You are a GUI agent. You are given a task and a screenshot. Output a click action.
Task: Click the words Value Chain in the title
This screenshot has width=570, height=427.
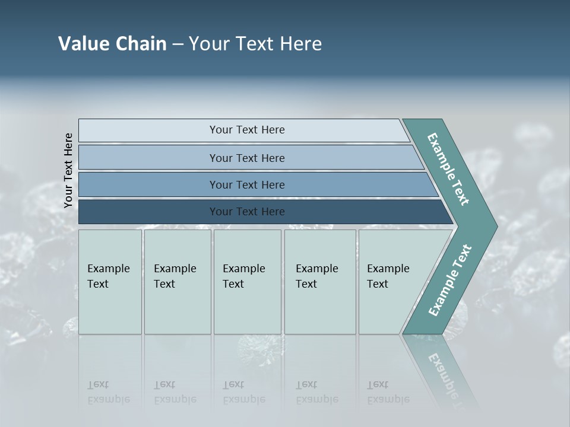(x=112, y=44)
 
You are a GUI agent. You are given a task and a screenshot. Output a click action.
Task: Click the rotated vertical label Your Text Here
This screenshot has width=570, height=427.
(x=68, y=170)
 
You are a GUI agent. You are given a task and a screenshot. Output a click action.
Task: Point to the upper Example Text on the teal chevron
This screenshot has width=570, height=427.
(x=448, y=169)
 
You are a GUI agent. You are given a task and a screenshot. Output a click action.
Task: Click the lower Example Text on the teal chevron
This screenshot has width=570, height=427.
(x=449, y=281)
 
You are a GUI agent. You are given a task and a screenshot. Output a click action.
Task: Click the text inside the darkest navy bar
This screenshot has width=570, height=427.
(x=247, y=212)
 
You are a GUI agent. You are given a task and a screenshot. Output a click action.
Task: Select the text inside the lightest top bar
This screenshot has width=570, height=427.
(x=247, y=130)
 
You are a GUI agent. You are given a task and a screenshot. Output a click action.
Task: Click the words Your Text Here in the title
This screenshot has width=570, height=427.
(x=255, y=44)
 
